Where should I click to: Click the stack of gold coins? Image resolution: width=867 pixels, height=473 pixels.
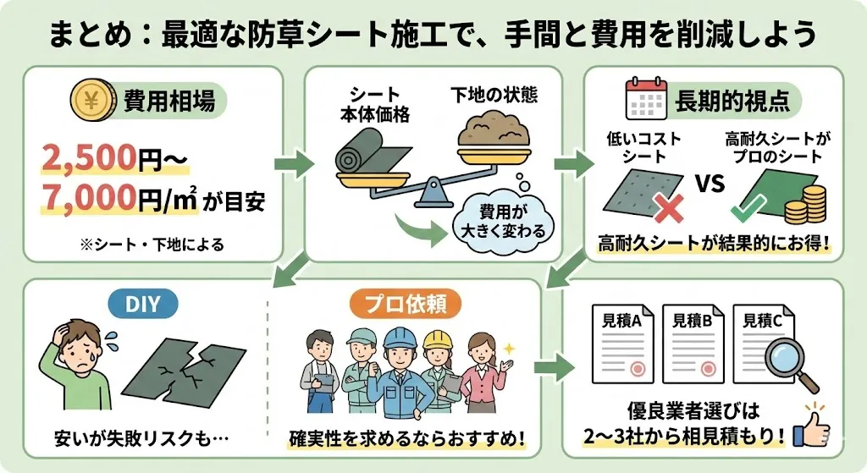(x=805, y=205)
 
